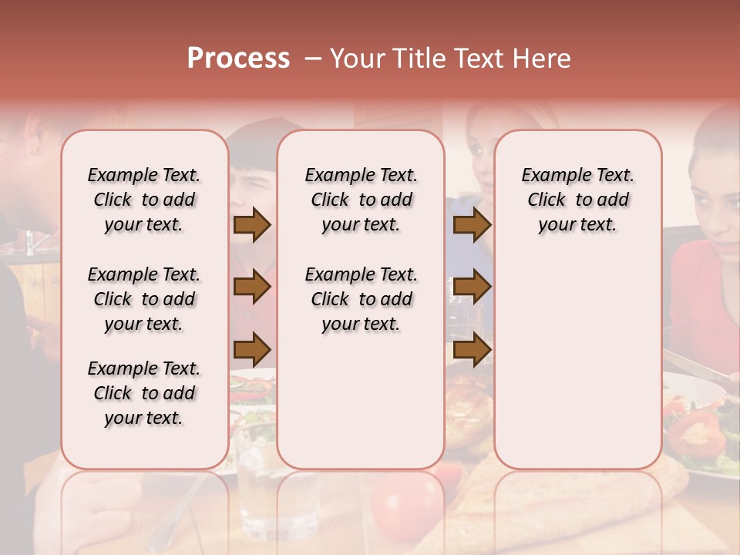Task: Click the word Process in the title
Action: [238, 58]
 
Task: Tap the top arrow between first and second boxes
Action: [251, 225]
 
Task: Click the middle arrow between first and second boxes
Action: [251, 288]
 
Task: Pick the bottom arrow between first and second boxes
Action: [251, 350]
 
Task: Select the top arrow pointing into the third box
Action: [472, 225]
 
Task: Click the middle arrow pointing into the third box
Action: [472, 288]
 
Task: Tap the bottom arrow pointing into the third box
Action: [472, 350]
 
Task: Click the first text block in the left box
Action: [144, 200]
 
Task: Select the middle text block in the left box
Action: [144, 299]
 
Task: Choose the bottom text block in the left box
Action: [144, 393]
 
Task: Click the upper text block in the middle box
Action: [361, 200]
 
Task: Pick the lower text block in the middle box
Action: [361, 299]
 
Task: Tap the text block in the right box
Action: [577, 200]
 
